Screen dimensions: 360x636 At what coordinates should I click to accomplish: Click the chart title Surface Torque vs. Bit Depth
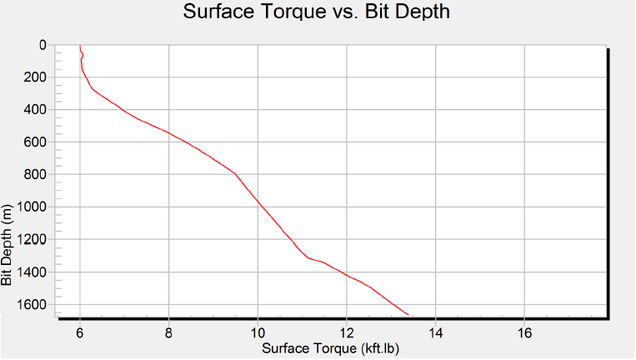click(318, 12)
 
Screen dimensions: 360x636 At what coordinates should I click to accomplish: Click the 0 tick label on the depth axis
click(43, 45)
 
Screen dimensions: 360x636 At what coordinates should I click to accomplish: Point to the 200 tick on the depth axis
click(36, 77)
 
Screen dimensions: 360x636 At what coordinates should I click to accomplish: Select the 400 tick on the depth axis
click(36, 110)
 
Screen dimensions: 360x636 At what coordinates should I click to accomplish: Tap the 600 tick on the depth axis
click(36, 142)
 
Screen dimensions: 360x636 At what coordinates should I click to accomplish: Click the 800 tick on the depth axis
click(36, 175)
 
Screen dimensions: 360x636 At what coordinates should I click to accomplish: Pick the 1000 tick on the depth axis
click(33, 207)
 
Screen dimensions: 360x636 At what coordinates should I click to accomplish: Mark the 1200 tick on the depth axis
click(33, 240)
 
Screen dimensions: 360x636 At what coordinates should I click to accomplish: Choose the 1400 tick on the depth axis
click(33, 272)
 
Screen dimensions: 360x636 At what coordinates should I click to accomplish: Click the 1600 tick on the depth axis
click(33, 305)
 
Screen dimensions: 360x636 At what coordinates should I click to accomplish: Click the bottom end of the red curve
click(408, 315)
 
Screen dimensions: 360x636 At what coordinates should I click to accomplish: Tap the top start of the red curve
click(80, 46)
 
